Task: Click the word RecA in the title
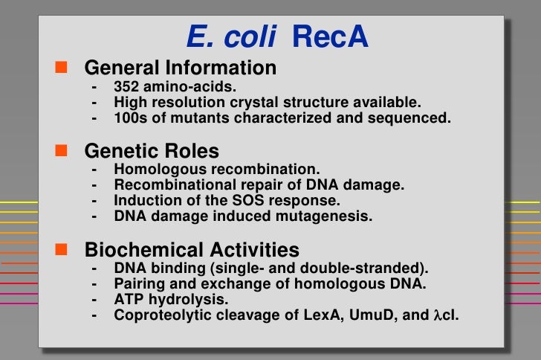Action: pyautogui.click(x=331, y=38)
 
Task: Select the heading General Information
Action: pyautogui.click(x=180, y=68)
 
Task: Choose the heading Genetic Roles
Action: pyautogui.click(x=152, y=152)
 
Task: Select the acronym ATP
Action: pyautogui.click(x=127, y=299)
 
